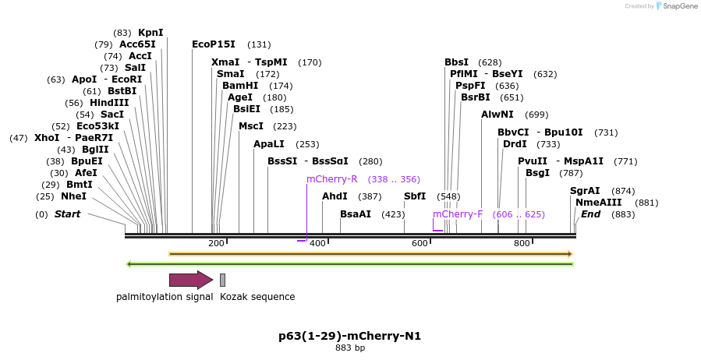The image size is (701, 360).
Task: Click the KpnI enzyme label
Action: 150,33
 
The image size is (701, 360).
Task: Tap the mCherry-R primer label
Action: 331,179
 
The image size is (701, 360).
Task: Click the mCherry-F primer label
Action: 458,214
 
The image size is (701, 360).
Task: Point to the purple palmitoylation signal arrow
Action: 190,281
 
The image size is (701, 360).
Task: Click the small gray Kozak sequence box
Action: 222,281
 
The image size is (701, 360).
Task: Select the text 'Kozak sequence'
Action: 257,297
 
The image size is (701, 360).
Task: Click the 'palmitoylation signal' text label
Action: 165,297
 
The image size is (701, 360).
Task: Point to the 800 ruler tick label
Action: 521,244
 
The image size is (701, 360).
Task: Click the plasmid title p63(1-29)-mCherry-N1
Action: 349,337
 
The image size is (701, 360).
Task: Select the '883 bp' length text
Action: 349,348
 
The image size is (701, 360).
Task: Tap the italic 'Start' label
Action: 67,214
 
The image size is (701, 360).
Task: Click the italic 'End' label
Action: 590,214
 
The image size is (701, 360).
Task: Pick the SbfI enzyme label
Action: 414,196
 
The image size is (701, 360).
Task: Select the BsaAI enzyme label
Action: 356,214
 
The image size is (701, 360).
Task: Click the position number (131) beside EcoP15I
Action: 259,44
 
